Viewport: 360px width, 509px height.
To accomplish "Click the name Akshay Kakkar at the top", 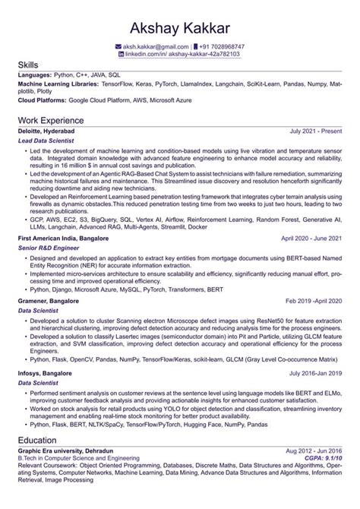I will coord(179,28).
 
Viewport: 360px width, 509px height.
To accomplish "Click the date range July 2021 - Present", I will coord(315,131).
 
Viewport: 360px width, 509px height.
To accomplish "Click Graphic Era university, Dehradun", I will coord(65,451).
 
